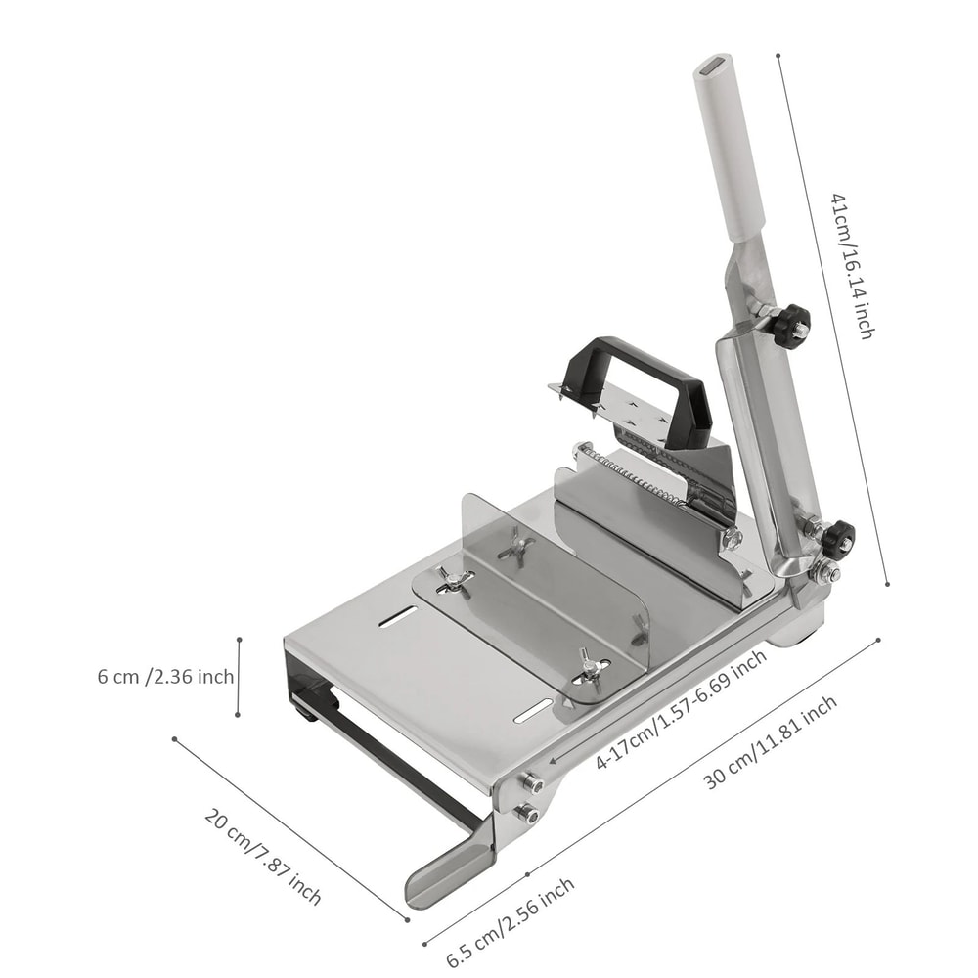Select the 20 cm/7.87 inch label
click(262, 856)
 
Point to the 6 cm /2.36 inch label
click(165, 677)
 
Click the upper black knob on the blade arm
click(790, 325)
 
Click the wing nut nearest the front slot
click(589, 666)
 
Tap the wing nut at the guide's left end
click(453, 580)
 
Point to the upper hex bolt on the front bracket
click(532, 782)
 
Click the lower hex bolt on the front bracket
click(527, 812)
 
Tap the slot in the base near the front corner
click(533, 711)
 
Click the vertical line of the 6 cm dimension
click(239, 676)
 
